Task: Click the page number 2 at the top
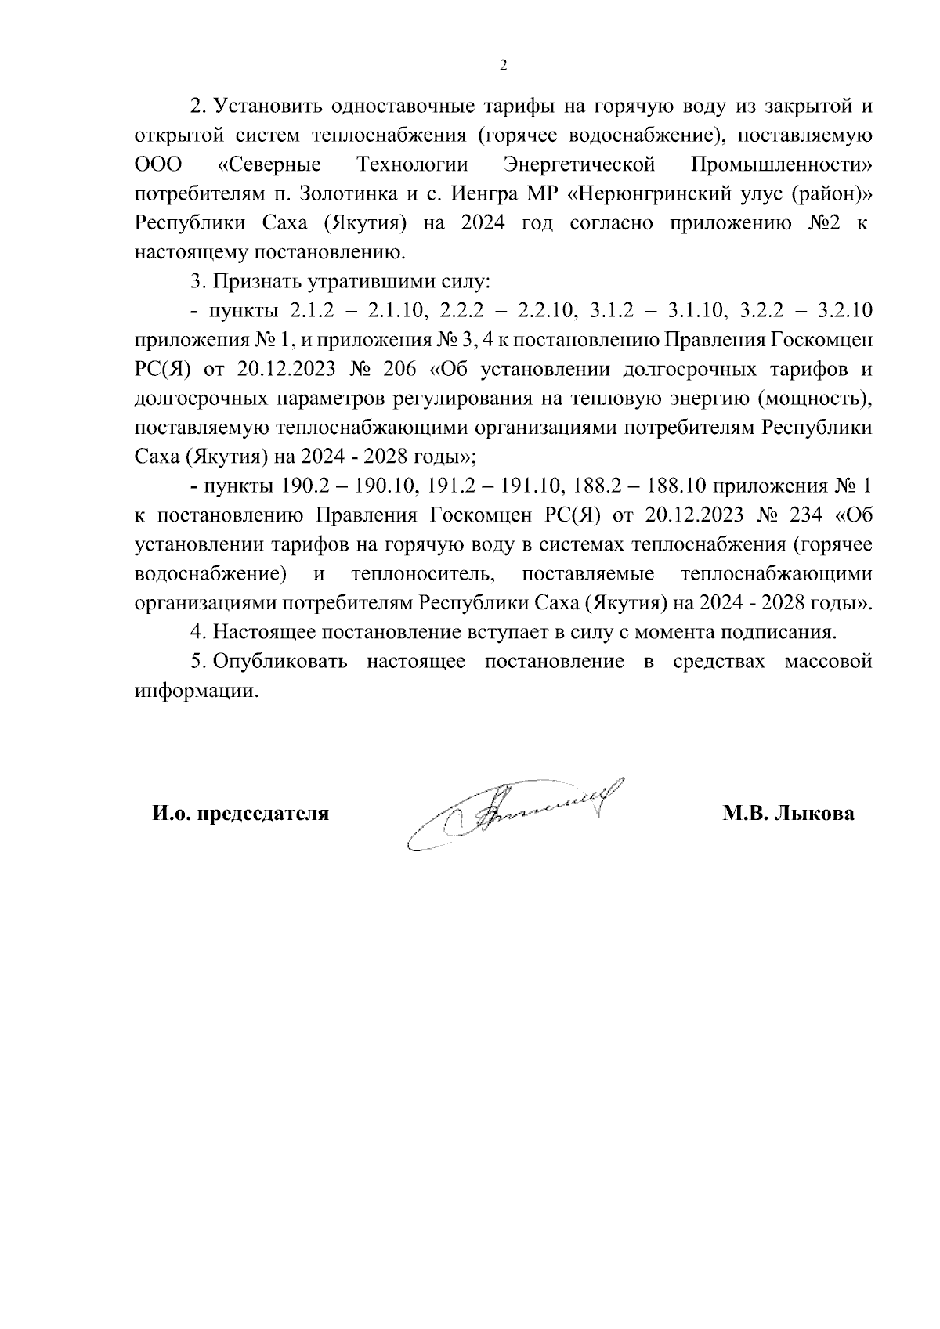click(x=504, y=66)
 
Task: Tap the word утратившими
click(x=349, y=281)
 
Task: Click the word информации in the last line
click(x=195, y=692)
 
